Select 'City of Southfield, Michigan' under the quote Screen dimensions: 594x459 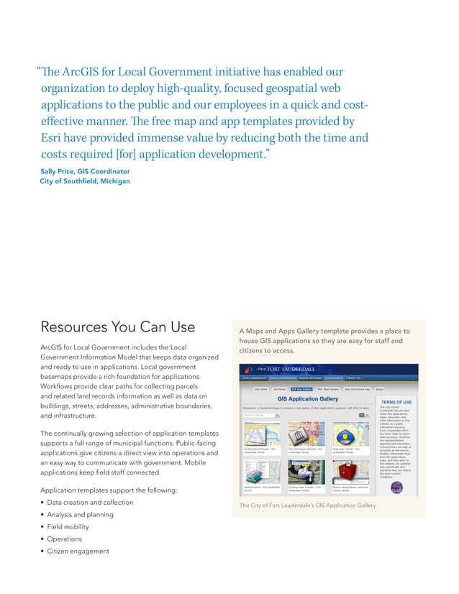[x=85, y=181]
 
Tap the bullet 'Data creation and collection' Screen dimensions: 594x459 [x=90, y=502]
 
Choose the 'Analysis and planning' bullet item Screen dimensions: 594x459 [x=80, y=514]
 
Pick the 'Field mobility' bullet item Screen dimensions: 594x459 [x=68, y=526]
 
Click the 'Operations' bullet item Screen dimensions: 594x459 [x=64, y=539]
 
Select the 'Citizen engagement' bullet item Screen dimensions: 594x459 [x=78, y=551]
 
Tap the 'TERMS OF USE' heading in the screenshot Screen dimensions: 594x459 [x=396, y=402]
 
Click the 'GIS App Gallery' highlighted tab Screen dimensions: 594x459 [x=301, y=389]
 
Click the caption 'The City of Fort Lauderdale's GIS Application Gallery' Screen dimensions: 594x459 [x=307, y=506]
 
